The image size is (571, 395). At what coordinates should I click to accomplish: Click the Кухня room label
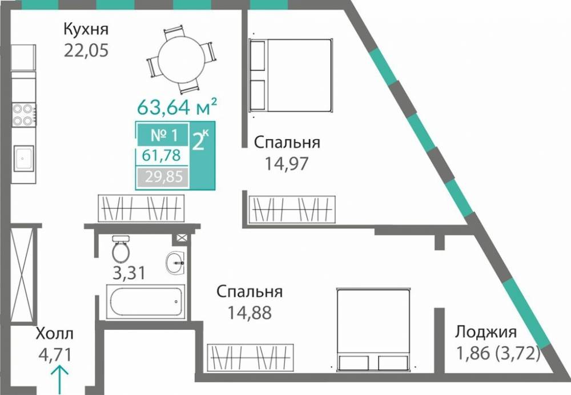(x=86, y=29)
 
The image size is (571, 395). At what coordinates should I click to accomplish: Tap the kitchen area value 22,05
(x=86, y=50)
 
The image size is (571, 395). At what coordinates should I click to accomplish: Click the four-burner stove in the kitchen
(x=24, y=114)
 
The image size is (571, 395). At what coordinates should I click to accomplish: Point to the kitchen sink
(x=24, y=158)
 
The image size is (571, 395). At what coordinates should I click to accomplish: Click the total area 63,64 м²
(x=176, y=106)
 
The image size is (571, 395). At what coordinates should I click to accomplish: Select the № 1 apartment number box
(x=163, y=135)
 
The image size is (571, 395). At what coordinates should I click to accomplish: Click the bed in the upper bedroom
(x=291, y=75)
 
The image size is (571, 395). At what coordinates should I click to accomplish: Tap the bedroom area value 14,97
(x=287, y=164)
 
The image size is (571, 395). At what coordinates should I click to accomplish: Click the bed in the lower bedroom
(x=372, y=329)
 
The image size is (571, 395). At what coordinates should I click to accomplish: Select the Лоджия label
(x=486, y=333)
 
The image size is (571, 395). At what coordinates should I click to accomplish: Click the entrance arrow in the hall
(x=61, y=380)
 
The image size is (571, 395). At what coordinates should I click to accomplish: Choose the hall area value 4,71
(x=54, y=355)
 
